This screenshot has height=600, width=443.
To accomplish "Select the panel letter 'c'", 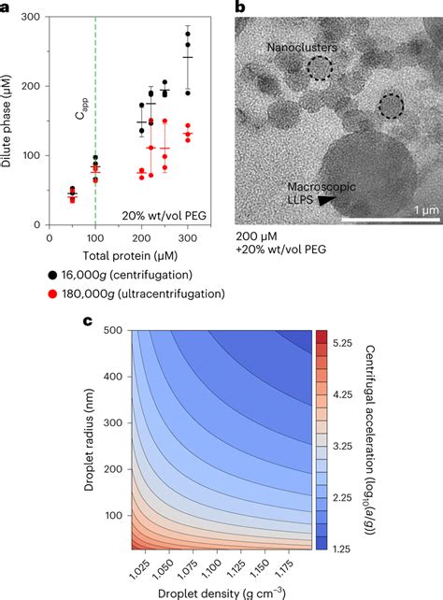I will click(x=7, y=321).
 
